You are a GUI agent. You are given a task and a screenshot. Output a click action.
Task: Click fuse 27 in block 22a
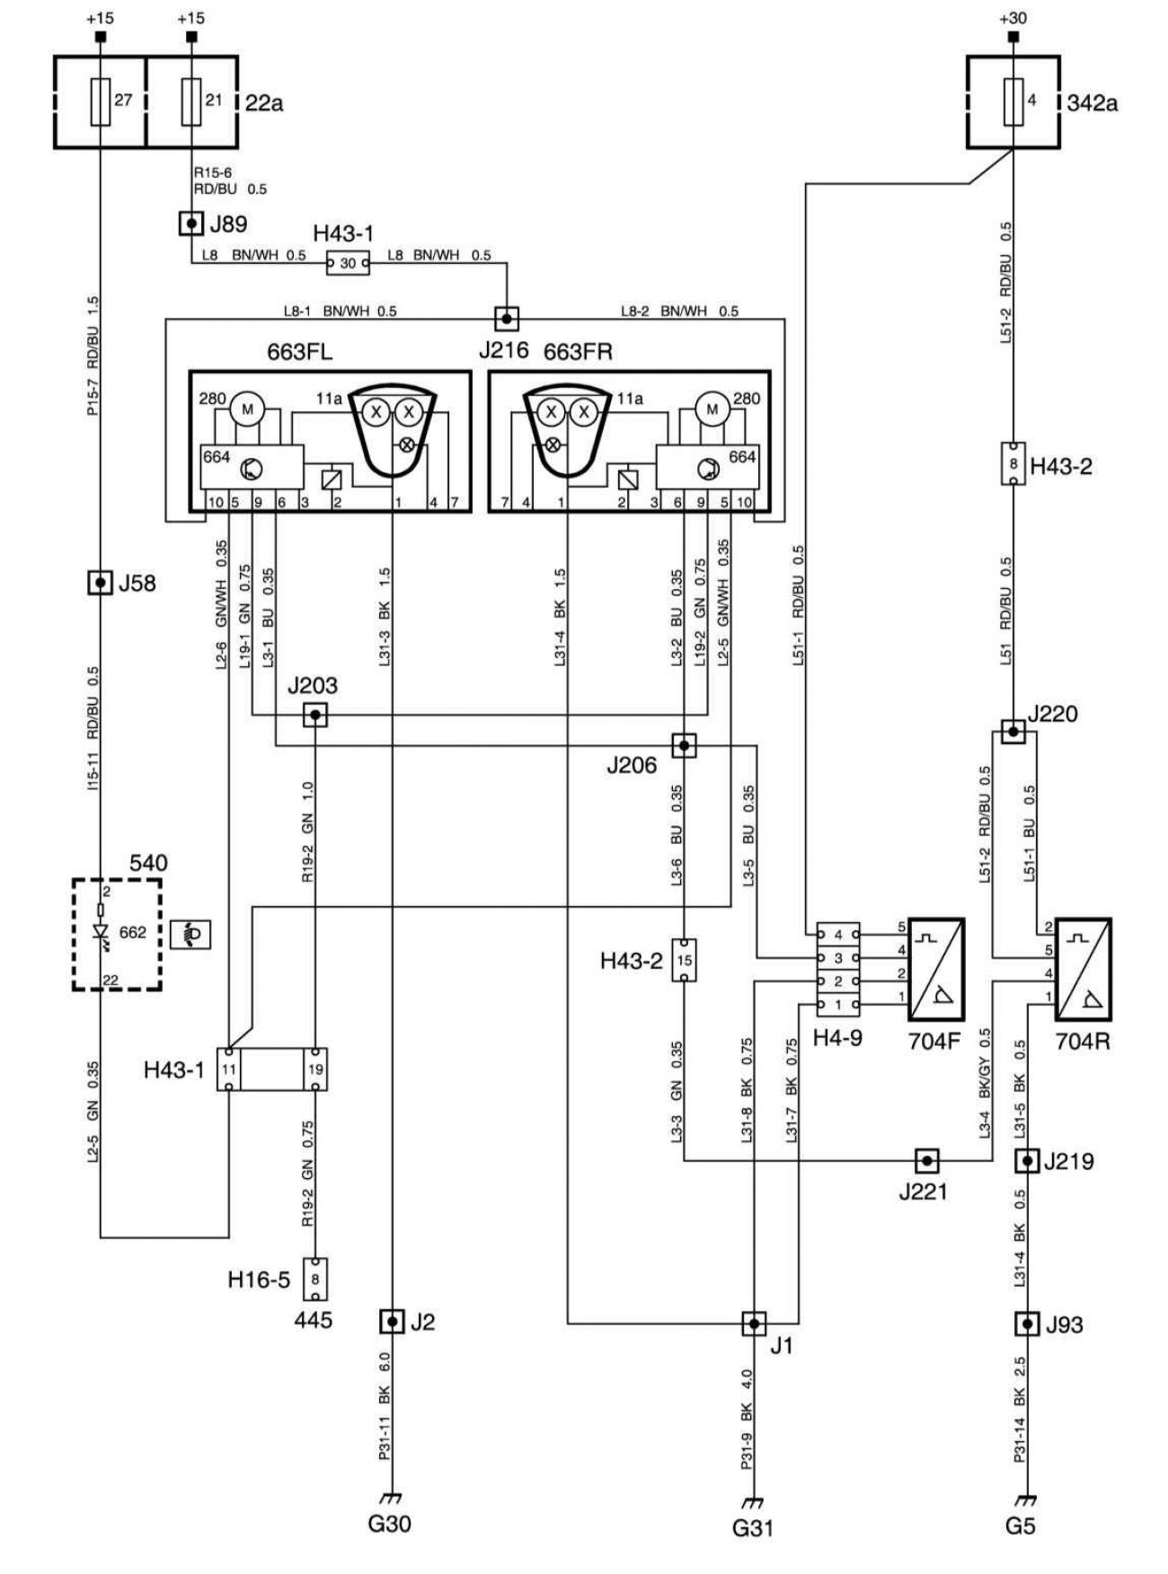101,100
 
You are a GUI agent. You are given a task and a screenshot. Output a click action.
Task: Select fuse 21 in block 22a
191,100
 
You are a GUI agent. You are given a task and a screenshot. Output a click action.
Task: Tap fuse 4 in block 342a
1013,100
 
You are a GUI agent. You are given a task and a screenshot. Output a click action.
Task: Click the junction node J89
191,222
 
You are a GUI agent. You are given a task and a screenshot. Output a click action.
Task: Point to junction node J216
507,318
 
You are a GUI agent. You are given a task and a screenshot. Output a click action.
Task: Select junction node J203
314,715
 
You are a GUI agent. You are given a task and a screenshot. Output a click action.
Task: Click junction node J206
684,745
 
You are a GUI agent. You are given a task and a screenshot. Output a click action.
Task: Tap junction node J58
100,582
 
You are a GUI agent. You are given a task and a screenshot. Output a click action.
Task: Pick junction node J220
1013,731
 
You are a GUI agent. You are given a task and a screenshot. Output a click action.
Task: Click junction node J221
927,1161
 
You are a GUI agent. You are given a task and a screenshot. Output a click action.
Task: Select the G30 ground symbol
391,1498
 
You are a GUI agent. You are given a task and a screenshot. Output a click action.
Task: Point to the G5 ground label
1021,1525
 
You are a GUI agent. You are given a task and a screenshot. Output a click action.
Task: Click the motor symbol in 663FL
244,409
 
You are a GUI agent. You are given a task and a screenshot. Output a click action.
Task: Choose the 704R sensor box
1083,969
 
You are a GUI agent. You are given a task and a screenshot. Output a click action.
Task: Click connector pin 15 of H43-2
685,960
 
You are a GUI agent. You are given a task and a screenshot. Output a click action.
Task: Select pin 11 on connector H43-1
230,1069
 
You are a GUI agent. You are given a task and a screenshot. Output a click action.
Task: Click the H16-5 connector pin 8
314,1279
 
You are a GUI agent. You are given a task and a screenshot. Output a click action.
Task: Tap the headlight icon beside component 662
191,934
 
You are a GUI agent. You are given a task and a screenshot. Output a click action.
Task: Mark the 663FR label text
578,352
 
